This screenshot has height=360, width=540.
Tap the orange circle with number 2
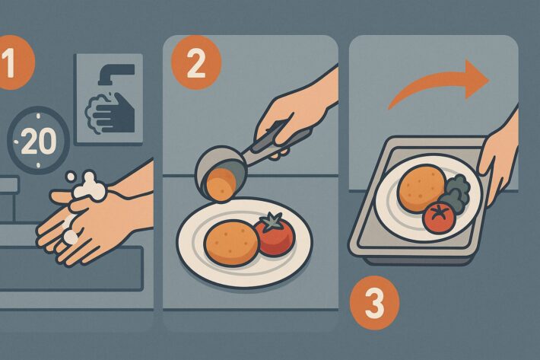pos(196,64)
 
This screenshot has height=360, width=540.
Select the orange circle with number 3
pos(375,303)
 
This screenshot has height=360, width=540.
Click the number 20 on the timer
pos(39,141)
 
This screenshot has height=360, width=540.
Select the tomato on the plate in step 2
pos(275,234)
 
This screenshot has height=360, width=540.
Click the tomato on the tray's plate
pos(438,217)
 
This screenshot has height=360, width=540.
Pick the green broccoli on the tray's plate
pos(456,192)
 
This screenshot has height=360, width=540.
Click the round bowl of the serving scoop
pos(216,165)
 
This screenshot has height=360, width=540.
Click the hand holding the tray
pos(500,158)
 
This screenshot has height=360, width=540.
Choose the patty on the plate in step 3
pos(421,188)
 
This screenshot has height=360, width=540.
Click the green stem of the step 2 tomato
pos(273,221)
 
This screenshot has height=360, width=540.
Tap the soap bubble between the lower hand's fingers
pos(71,237)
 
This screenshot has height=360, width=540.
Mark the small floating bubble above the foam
pos(71,177)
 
